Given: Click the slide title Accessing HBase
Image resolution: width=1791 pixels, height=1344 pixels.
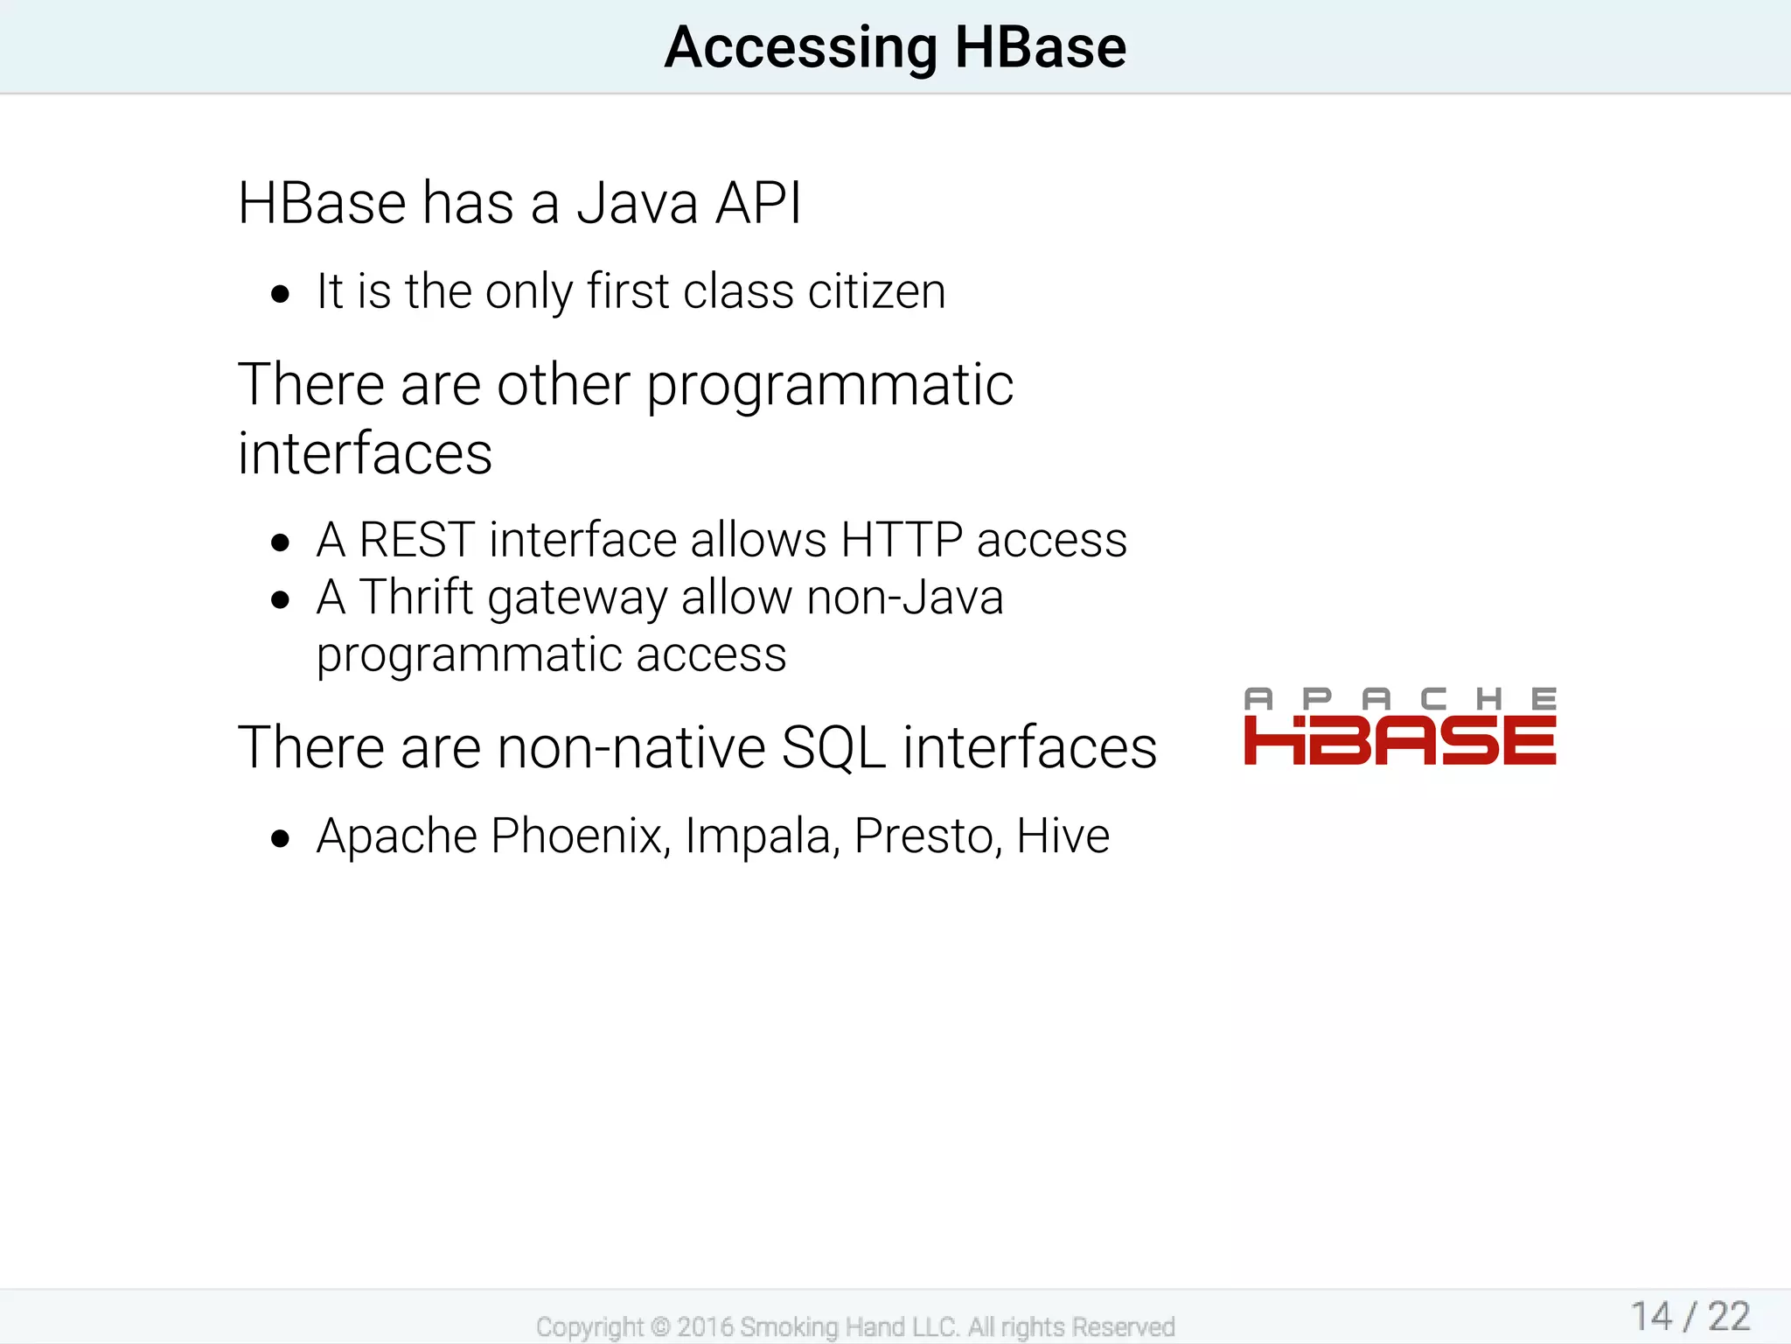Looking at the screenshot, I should point(895,47).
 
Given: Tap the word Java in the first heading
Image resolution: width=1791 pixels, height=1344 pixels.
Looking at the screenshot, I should point(638,203).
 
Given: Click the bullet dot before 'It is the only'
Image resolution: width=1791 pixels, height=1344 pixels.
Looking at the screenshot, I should point(280,294).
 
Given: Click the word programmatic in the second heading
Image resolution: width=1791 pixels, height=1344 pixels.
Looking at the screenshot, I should point(829,387).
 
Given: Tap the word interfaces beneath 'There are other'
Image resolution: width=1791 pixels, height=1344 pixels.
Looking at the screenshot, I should point(365,453).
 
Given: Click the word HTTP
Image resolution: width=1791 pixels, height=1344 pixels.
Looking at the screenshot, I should point(901,540).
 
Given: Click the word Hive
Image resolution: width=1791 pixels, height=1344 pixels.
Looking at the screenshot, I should point(1063,836).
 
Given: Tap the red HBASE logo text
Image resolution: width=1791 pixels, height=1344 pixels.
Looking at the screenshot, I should point(1399,740).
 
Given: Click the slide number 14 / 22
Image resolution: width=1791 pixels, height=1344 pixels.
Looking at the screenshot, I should point(1690,1316).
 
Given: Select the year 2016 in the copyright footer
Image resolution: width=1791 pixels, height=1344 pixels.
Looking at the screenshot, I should point(705,1326).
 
